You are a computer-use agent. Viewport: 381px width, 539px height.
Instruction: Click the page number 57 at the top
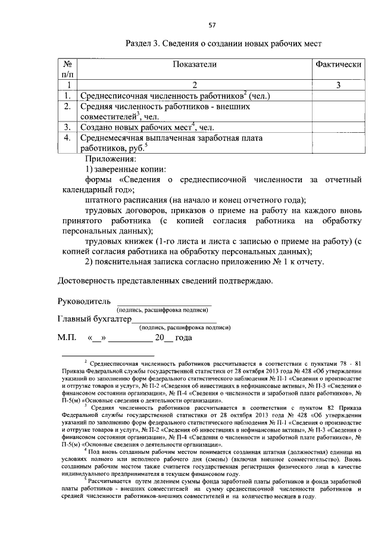pyautogui.click(x=211, y=25)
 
